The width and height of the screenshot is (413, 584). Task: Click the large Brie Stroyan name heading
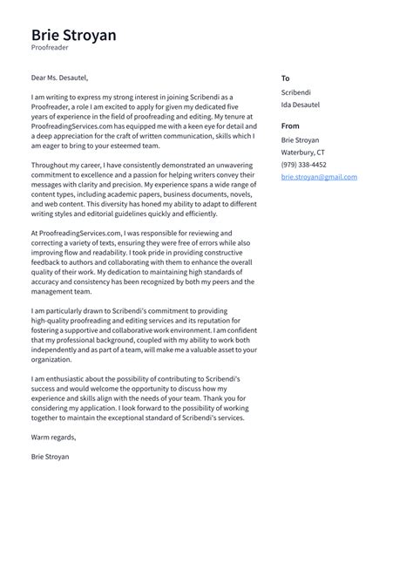pyautogui.click(x=73, y=36)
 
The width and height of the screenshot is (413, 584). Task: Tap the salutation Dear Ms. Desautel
pyautogui.click(x=59, y=78)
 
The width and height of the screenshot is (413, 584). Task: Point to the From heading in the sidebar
pyautogui.click(x=290, y=126)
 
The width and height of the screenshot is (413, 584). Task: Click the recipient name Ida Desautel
pyautogui.click(x=301, y=105)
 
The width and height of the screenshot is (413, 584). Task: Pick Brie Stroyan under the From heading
pyautogui.click(x=301, y=139)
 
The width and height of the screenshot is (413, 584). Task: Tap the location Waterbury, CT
pyautogui.click(x=302, y=152)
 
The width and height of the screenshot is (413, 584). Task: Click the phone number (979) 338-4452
pyautogui.click(x=304, y=164)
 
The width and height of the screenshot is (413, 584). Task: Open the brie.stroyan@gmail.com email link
pyautogui.click(x=319, y=177)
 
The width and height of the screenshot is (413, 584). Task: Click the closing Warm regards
pyautogui.click(x=53, y=437)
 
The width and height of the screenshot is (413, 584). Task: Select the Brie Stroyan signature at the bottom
pyautogui.click(x=50, y=456)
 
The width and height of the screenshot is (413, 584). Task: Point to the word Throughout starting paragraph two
pyautogui.click(x=51, y=164)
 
